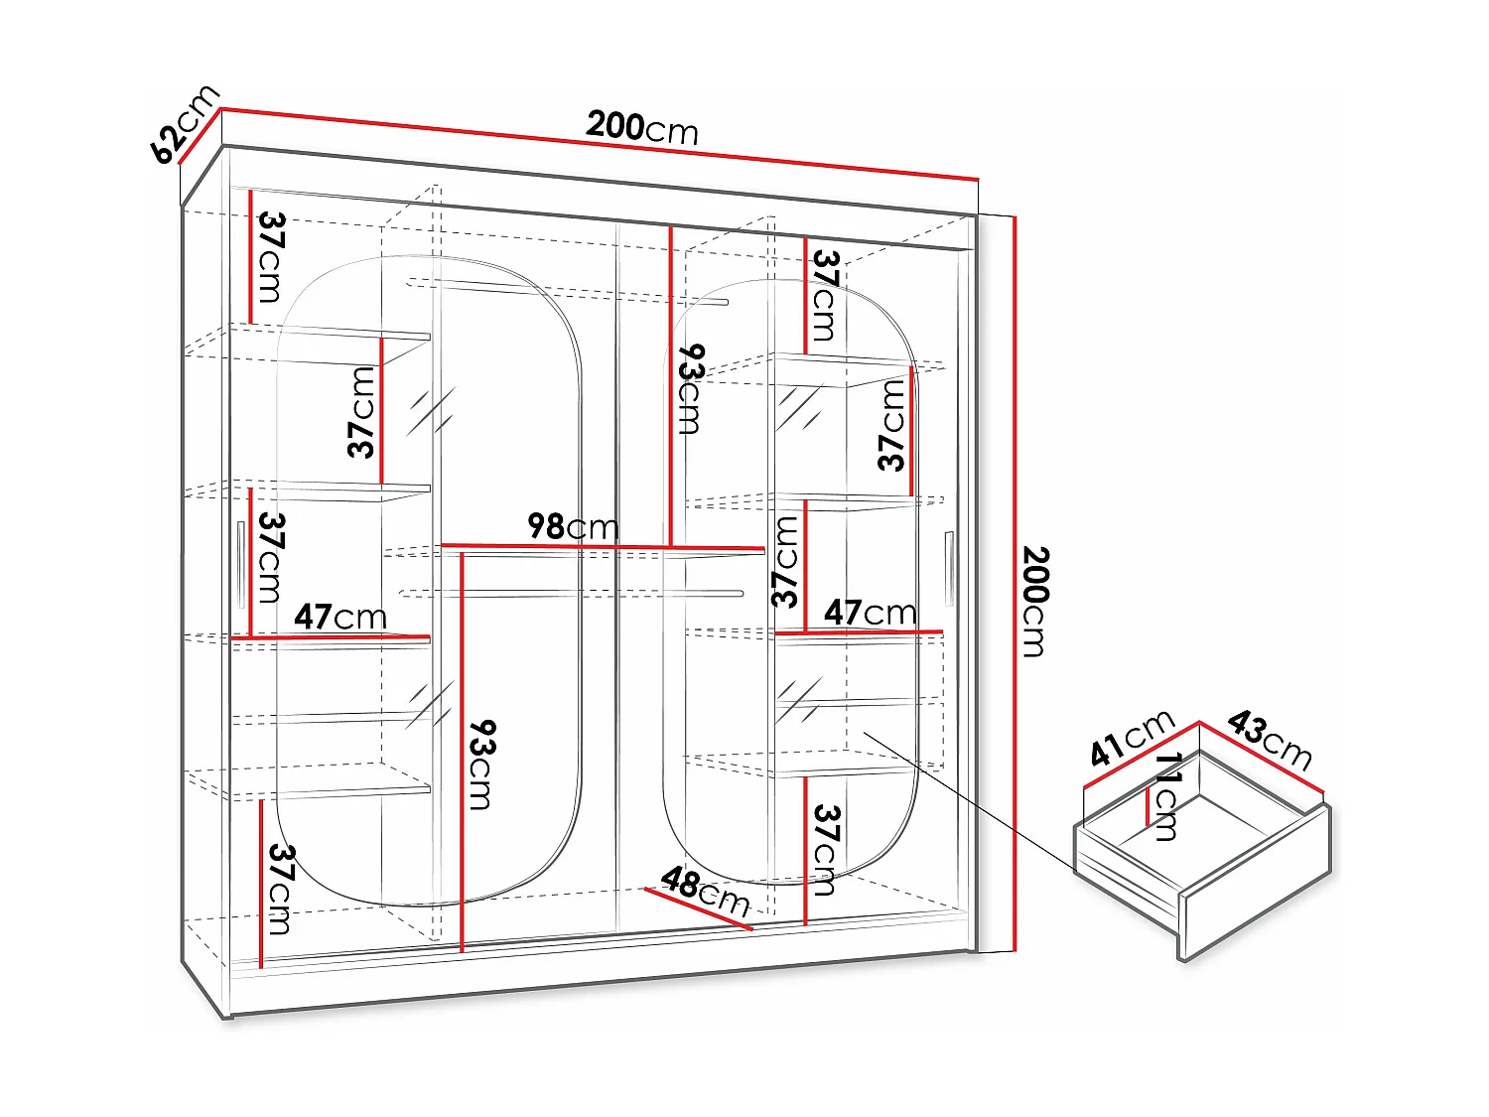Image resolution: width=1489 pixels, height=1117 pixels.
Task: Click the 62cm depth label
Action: click(x=184, y=124)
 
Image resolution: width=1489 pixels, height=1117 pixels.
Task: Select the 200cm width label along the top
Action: click(x=642, y=127)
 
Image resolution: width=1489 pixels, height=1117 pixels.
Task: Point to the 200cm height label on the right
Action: click(x=1033, y=601)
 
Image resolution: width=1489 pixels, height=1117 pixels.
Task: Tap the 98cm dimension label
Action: click(x=573, y=526)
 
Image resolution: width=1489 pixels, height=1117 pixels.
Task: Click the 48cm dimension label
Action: click(x=705, y=892)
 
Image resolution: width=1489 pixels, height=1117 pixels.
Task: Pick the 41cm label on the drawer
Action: click(x=1132, y=738)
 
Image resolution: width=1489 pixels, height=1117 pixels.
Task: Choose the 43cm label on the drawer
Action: click(x=1270, y=739)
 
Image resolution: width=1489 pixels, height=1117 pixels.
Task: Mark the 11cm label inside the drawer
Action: click(x=1167, y=796)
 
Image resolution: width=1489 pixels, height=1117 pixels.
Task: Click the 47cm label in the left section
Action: click(x=339, y=617)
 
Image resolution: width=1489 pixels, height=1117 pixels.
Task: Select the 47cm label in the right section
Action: click(x=870, y=613)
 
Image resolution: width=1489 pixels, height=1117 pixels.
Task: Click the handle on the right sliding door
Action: click(x=949, y=568)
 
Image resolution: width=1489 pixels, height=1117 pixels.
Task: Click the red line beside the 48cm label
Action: click(x=698, y=909)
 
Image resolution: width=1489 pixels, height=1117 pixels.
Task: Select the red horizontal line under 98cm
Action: click(x=602, y=546)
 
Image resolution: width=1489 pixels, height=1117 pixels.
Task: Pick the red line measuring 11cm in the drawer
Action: click(x=1148, y=805)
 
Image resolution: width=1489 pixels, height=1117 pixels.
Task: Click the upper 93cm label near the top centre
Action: click(x=690, y=389)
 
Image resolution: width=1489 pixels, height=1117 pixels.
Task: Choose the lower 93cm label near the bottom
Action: click(x=480, y=765)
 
